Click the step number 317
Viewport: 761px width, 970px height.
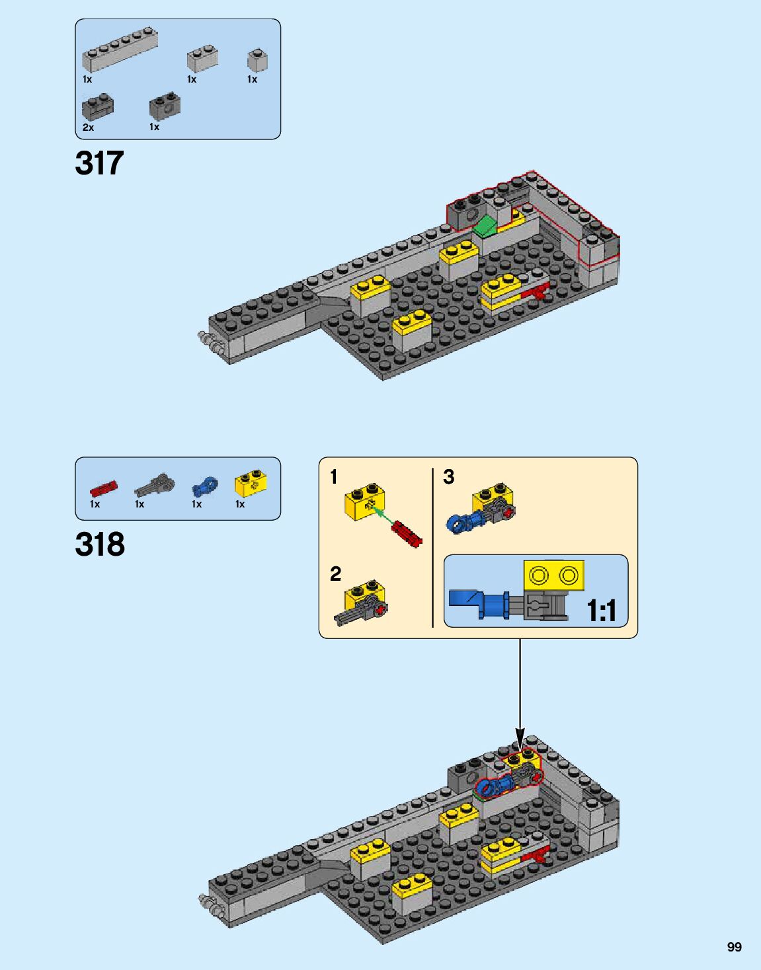tap(99, 163)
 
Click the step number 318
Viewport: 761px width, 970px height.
tap(100, 544)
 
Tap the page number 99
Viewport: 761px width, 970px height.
tap(734, 947)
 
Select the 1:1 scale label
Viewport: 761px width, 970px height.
tap(602, 611)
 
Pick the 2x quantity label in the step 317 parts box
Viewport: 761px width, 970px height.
tap(88, 128)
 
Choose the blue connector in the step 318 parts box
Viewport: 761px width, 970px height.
tap(205, 486)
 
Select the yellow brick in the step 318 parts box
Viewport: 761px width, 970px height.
tap(251, 484)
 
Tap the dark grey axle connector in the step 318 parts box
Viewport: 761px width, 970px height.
tap(155, 486)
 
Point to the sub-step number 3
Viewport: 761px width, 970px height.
tap(449, 476)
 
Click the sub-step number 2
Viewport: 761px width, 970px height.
tap(336, 574)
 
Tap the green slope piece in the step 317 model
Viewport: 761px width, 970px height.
tap(486, 225)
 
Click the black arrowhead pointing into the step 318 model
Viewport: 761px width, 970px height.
tap(520, 737)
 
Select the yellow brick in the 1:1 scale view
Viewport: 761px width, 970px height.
tap(553, 575)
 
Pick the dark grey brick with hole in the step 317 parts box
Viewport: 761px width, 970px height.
tap(165, 106)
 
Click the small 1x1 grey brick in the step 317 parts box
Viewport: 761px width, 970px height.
tap(257, 61)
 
